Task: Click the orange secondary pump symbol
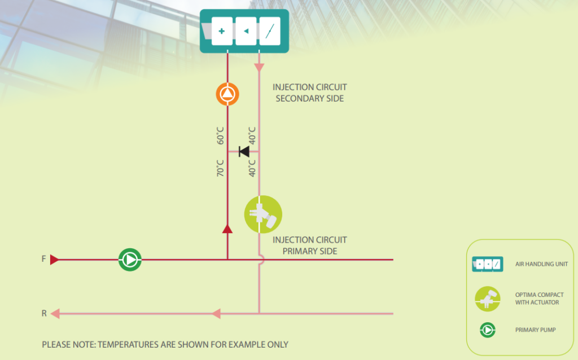[227, 94]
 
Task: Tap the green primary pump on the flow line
[130, 260]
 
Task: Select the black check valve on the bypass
[244, 151]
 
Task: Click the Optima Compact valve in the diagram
[263, 214]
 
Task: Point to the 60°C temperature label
[220, 135]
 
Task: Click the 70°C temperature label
[220, 168]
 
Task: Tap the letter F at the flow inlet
[43, 259]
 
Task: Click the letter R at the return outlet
[44, 313]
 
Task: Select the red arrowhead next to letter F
[54, 260]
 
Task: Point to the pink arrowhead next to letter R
[55, 314]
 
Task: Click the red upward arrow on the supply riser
[227, 229]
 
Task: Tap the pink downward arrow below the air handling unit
[259, 68]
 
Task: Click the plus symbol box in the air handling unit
[222, 32]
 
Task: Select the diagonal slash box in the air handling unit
[270, 32]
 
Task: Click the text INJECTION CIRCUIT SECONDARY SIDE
[310, 93]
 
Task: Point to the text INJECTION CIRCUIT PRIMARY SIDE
[310, 245]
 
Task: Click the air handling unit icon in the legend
[487, 264]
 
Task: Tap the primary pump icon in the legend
[487, 330]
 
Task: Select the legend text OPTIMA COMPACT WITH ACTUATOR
[539, 298]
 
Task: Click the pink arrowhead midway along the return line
[216, 314]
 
